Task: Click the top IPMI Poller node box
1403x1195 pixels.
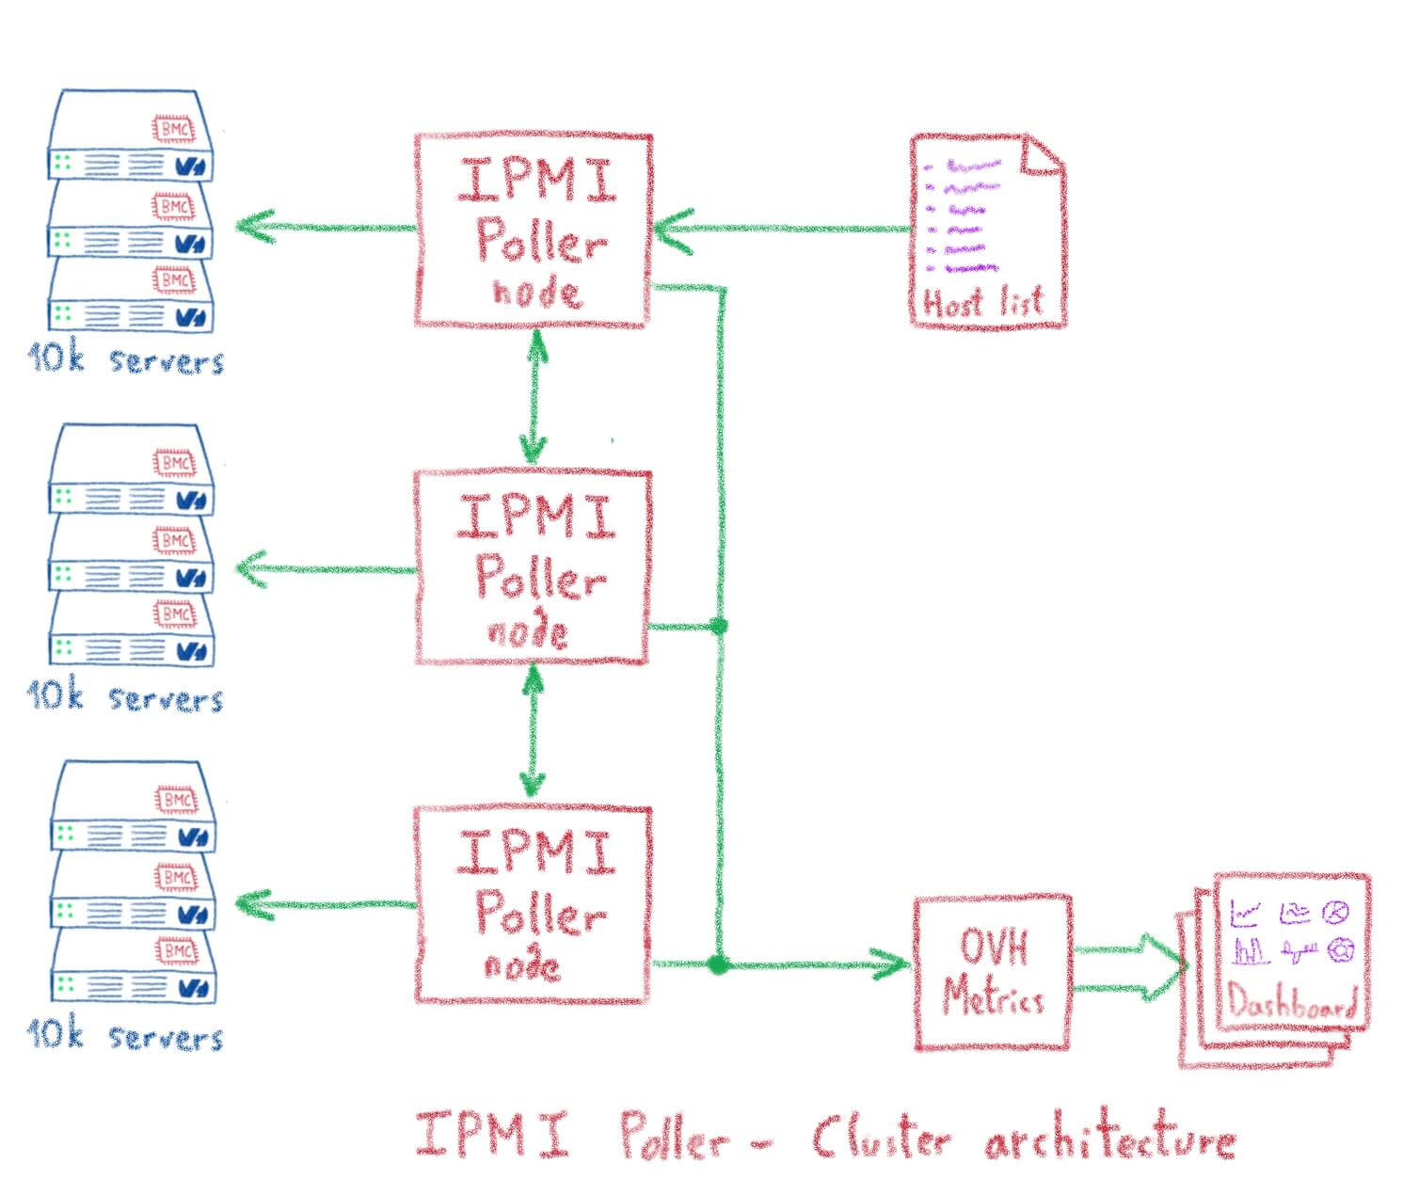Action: coord(533,231)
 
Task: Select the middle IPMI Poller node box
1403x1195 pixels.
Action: coord(533,567)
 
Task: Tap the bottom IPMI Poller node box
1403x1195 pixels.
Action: coord(533,903)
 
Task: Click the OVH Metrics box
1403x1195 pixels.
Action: coord(993,972)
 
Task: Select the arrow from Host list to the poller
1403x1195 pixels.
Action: coord(781,229)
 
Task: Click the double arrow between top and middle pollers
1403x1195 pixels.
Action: coord(534,397)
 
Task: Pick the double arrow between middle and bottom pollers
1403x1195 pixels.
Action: coord(533,731)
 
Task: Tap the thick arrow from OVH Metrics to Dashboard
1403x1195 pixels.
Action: coord(1129,969)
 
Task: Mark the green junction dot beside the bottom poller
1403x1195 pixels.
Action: coord(718,964)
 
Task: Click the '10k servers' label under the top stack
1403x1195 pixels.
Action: coord(125,359)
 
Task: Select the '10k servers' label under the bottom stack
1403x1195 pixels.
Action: coord(125,1035)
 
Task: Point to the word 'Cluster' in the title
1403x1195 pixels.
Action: coord(880,1139)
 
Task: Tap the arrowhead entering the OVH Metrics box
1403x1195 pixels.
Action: coord(889,964)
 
